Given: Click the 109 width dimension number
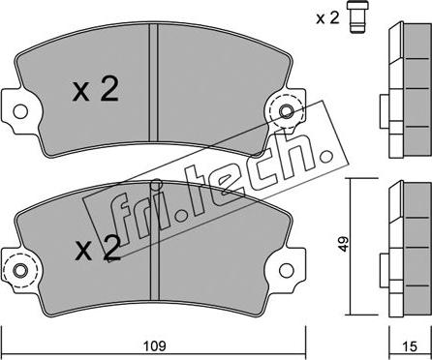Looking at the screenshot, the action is (154, 345).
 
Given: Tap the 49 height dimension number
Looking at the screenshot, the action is (344, 244).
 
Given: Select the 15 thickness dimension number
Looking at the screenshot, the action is (410, 346).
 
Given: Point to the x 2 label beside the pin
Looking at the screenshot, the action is (327, 18).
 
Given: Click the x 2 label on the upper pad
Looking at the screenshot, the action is (96, 90).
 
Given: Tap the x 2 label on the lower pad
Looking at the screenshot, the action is (98, 248).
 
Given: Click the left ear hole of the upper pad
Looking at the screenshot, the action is (20, 111).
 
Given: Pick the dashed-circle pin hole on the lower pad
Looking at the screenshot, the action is (21, 270).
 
